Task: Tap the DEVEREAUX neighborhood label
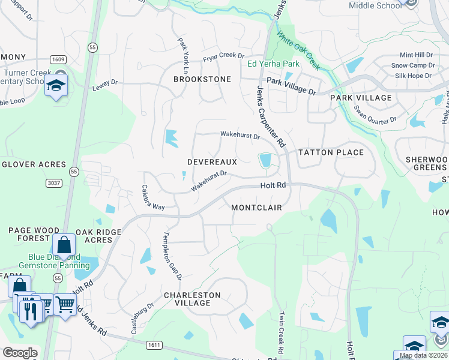pos(212,162)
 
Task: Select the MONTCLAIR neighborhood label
pos(256,207)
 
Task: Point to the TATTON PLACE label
pos(331,152)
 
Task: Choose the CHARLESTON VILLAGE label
pos(192,299)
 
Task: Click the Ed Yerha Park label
pos(273,64)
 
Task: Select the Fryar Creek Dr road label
pos(223,56)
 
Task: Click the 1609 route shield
pos(58,59)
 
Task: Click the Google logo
pos(20,353)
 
